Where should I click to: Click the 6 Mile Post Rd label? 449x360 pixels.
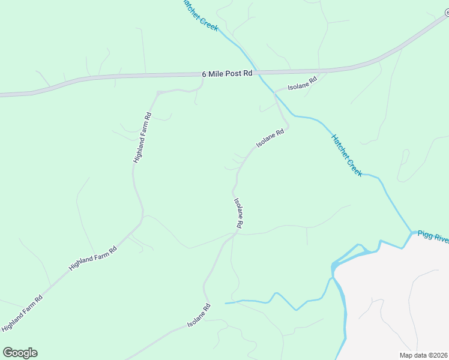[228, 74]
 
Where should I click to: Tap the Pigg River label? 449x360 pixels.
[433, 236]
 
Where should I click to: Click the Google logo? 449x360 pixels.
[20, 353]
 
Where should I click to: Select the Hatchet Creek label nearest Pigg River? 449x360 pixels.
[347, 155]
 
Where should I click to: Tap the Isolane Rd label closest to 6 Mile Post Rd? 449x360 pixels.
[302, 83]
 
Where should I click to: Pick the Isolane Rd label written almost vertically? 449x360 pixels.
[238, 213]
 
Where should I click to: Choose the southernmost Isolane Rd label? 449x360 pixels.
[199, 315]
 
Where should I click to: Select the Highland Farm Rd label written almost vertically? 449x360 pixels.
[142, 138]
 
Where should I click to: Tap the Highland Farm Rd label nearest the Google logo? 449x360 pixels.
[22, 313]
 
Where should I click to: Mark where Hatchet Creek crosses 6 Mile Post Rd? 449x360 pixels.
[255, 72]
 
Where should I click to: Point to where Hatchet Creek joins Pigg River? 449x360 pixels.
[412, 232]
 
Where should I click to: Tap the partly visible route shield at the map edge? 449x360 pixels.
[446, 13]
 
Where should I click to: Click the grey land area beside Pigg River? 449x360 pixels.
[396, 300]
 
